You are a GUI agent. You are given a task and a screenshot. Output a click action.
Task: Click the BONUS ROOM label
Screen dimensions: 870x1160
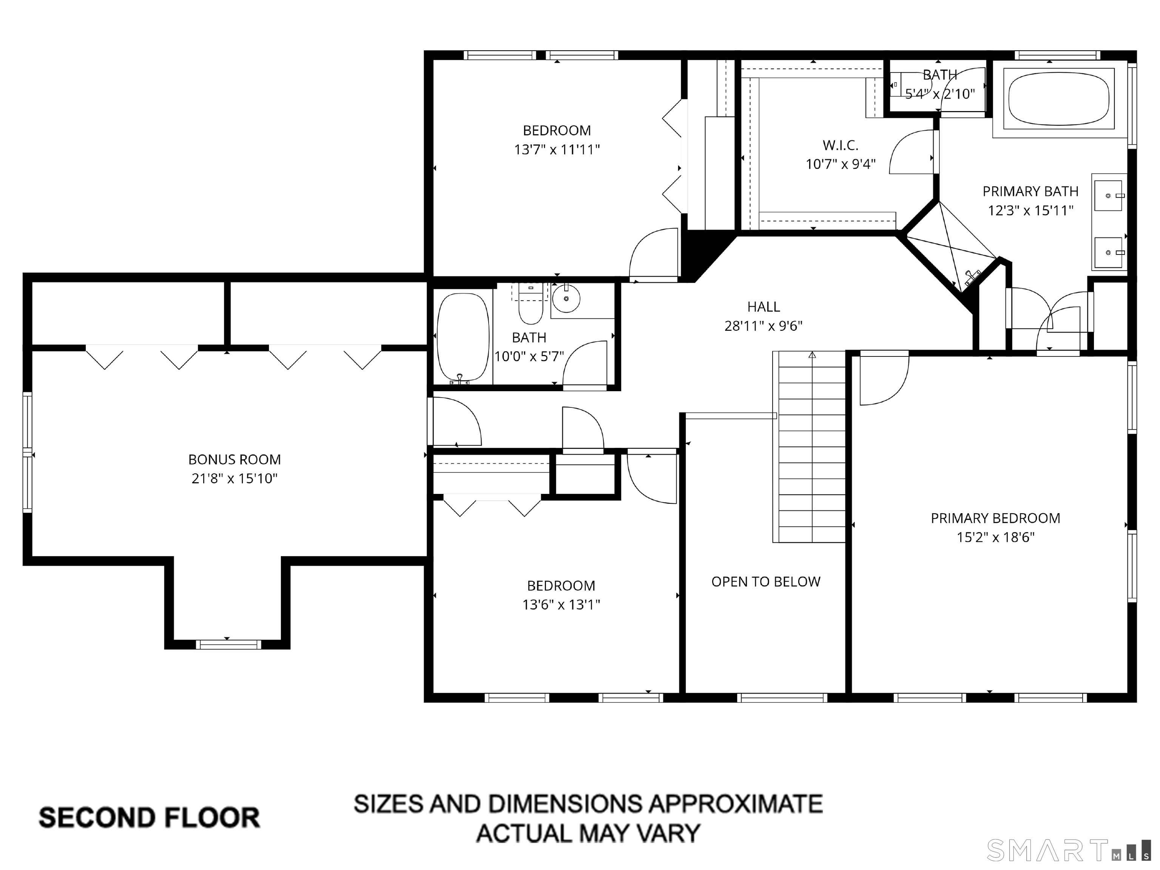click(x=234, y=460)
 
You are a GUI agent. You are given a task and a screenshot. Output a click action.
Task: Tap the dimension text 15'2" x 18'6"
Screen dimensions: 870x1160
click(x=995, y=537)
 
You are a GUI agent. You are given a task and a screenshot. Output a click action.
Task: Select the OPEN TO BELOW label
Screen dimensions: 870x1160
click(x=766, y=582)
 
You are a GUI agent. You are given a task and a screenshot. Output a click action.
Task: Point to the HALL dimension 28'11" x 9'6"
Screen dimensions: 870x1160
click(x=763, y=325)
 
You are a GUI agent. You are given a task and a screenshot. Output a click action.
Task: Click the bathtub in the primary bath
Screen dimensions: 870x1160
click(x=1059, y=99)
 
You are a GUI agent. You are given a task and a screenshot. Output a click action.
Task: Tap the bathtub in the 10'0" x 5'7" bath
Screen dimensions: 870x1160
click(x=463, y=337)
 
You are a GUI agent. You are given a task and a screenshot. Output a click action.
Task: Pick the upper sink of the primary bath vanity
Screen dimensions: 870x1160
click(x=1108, y=196)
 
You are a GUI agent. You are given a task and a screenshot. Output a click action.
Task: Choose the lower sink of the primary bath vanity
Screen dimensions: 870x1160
click(x=1108, y=253)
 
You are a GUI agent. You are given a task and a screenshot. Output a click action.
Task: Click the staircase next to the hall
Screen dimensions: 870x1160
click(x=812, y=446)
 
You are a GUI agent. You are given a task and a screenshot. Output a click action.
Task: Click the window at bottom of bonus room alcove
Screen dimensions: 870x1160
click(x=228, y=645)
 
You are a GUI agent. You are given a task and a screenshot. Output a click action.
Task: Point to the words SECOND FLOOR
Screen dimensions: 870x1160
click(x=150, y=818)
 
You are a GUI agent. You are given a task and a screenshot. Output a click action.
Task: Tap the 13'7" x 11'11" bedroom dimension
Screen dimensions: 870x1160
click(x=557, y=150)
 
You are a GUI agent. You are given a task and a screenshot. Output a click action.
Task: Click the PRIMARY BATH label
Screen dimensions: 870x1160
click(x=1030, y=191)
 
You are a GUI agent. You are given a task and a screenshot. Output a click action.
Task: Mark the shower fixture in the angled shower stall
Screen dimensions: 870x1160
click(x=972, y=277)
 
